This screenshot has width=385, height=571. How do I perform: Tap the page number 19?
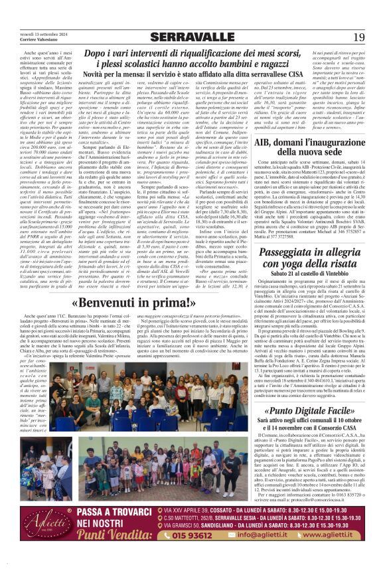coord(358,37)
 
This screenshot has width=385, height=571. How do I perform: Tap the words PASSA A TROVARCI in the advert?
coord(119,530)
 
